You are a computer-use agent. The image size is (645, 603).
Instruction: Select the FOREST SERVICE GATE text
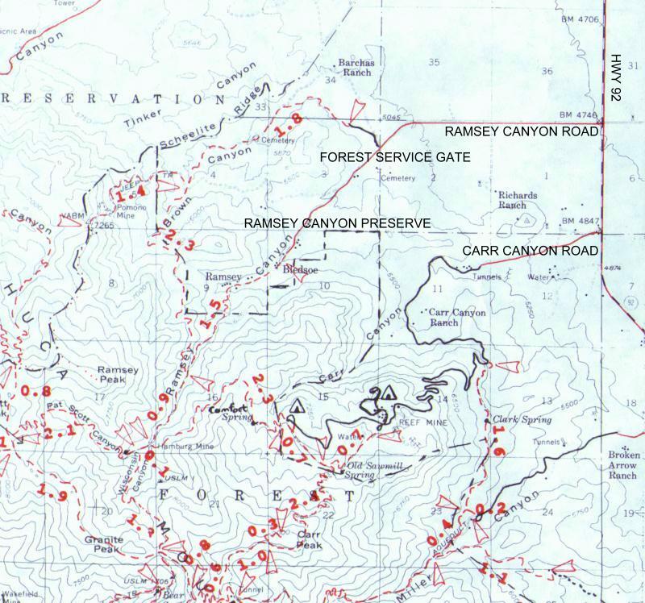(x=395, y=157)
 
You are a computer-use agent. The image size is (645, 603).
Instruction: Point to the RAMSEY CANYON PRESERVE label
(x=339, y=222)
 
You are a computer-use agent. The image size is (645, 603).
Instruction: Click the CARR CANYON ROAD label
(x=531, y=251)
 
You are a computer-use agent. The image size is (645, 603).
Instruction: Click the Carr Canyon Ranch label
(x=457, y=317)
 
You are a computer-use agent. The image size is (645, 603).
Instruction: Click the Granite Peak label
(x=108, y=544)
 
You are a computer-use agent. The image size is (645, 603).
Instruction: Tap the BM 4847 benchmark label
(x=582, y=221)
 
